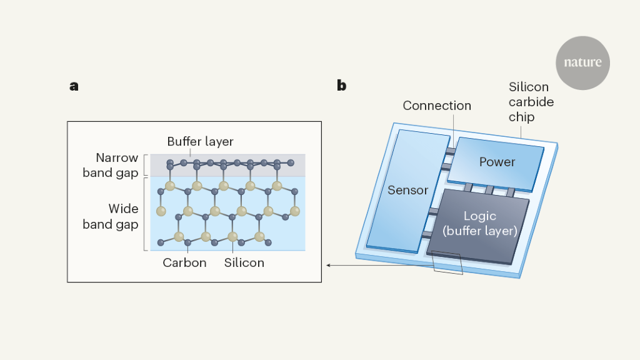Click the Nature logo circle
tap(582, 62)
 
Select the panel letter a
tap(74, 86)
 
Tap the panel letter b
tap(341, 86)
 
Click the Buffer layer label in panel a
tap(200, 141)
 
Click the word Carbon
tap(184, 262)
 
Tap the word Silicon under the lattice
tap(244, 262)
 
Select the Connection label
tap(437, 106)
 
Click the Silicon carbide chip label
tap(531, 102)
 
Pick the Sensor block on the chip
tap(407, 190)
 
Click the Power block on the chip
tap(497, 162)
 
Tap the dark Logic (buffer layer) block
tap(479, 223)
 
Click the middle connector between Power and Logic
tap(489, 189)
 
